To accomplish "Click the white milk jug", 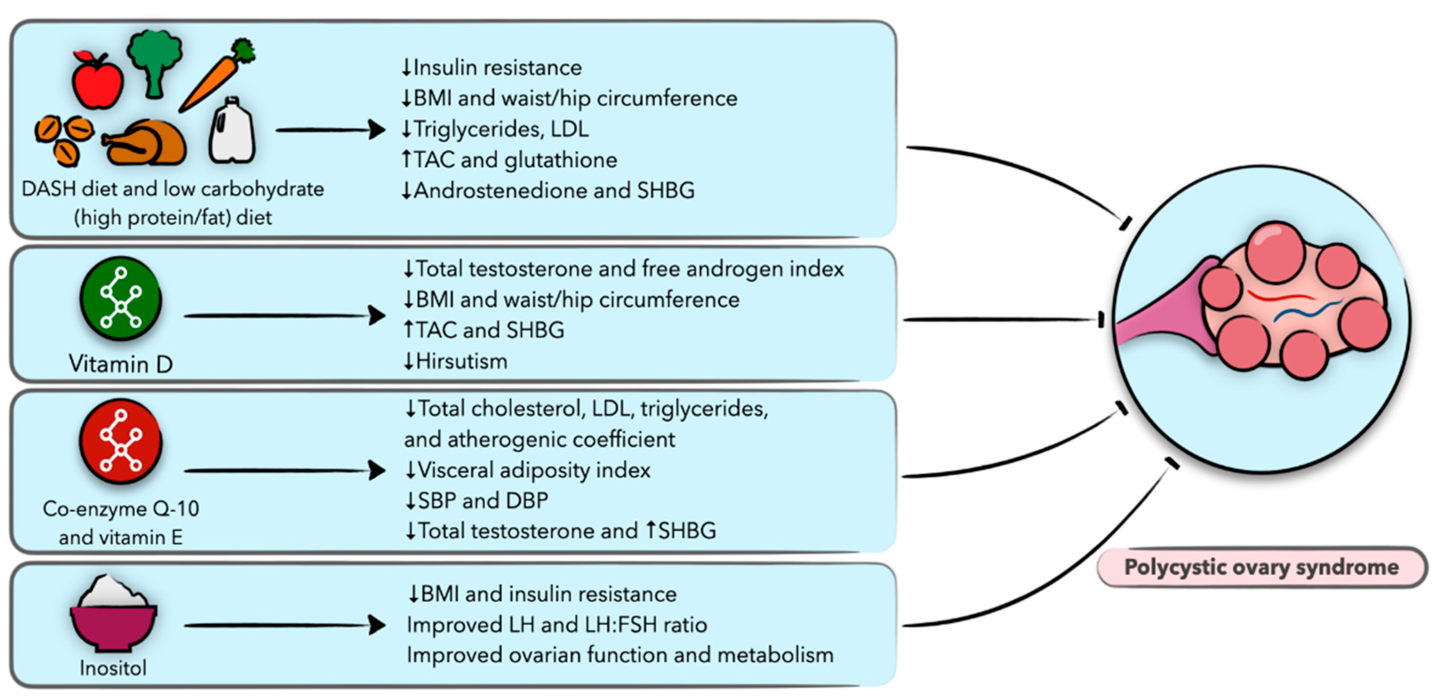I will [x=231, y=132].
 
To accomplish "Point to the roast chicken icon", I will [x=147, y=143].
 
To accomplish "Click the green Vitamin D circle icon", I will [x=121, y=299].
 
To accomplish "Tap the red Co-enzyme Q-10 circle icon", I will [x=121, y=441].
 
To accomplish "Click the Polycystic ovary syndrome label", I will [x=1261, y=567].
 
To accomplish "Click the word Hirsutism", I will [x=462, y=362].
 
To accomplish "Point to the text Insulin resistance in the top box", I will [x=497, y=68].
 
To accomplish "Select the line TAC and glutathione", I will [x=515, y=160].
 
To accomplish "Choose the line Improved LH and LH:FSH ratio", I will [x=557, y=625].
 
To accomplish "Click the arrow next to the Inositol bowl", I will [x=285, y=625].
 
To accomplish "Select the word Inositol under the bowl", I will [x=114, y=667].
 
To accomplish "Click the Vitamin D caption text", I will [x=121, y=364].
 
